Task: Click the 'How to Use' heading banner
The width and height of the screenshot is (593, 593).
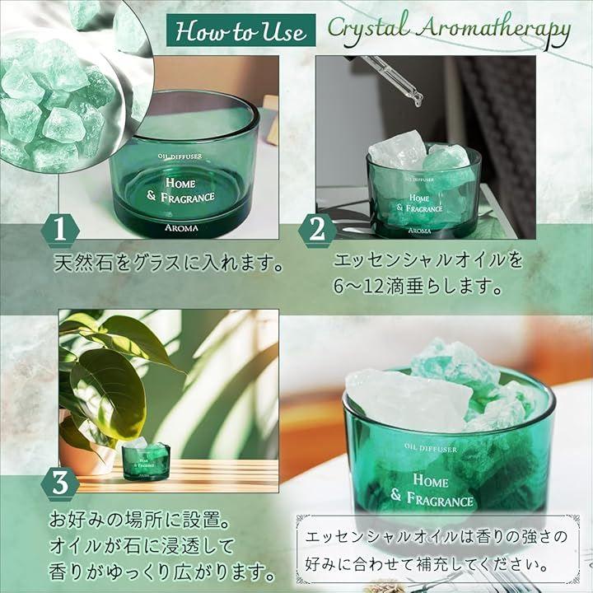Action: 240,30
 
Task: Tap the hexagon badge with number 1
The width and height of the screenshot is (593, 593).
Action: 60,230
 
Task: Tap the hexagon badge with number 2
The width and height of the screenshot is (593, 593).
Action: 317,230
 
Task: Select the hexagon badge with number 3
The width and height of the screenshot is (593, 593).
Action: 60,484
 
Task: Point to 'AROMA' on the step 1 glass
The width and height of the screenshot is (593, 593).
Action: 181,228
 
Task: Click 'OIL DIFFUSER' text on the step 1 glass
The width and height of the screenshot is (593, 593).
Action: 180,156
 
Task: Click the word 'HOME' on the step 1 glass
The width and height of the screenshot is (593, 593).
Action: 180,183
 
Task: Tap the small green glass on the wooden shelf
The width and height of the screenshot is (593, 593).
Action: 146,461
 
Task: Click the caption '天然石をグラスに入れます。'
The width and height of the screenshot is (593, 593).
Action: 169,262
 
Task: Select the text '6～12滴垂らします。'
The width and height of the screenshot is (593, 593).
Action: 418,287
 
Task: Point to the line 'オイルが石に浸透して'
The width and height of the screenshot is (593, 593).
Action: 142,546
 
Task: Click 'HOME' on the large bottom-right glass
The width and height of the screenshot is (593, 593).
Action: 431,481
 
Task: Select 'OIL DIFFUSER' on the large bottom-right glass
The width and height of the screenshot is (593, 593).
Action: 431,448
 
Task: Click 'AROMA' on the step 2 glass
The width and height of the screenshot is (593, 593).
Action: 420,231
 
